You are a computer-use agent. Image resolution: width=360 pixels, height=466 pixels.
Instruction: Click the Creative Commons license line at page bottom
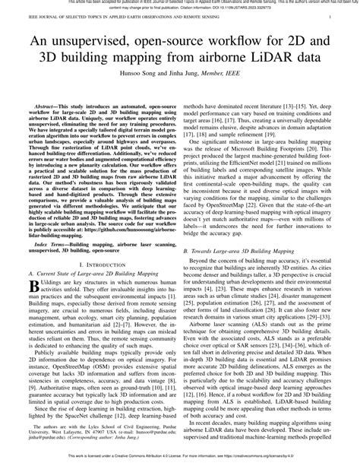point(180,461)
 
